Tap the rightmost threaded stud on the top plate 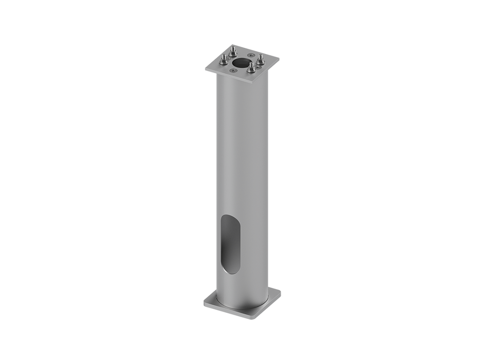tap(261, 59)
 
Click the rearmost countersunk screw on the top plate tap(251, 55)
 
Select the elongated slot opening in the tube tap(230, 244)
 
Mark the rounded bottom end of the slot tap(228, 272)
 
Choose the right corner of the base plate tap(282, 291)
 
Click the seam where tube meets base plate tap(237, 306)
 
